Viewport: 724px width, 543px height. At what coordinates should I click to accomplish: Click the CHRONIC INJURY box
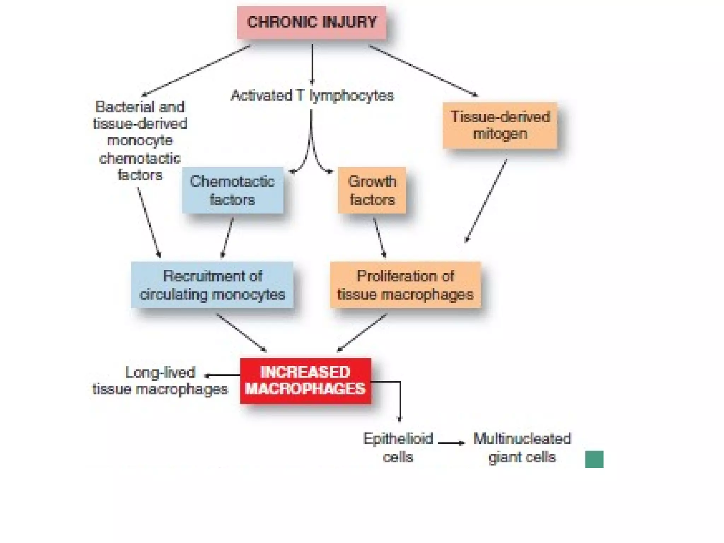pos(311,23)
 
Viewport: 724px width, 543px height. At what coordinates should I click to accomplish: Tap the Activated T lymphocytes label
pos(312,95)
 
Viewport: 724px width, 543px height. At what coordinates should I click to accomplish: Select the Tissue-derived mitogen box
pos(500,125)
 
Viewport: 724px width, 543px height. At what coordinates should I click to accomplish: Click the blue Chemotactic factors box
pos(233,191)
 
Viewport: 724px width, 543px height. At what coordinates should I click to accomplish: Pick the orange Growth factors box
pos(372,191)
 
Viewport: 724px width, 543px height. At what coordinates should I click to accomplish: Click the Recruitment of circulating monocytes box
pos(212,285)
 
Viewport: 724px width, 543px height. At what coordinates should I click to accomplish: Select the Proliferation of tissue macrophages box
pos(405,285)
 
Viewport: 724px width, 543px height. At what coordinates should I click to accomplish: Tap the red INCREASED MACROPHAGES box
pos(306,381)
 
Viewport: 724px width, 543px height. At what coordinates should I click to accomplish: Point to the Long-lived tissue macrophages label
pos(160,381)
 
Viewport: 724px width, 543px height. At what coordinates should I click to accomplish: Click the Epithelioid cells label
pos(398,448)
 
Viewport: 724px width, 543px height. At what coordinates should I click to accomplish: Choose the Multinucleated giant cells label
pos(522,448)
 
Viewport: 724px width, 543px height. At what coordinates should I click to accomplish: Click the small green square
pos(594,459)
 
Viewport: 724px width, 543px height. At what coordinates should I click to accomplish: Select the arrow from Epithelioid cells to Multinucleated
pos(451,443)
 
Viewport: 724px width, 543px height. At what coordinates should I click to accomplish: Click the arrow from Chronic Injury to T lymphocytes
pos(312,64)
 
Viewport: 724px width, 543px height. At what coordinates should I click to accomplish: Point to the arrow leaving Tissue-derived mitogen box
pos(486,200)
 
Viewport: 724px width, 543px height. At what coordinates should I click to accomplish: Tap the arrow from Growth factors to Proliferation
pos(380,238)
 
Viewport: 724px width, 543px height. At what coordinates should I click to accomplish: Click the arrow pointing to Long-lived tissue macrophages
pos(223,375)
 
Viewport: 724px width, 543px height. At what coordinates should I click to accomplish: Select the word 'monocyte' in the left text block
pos(140,140)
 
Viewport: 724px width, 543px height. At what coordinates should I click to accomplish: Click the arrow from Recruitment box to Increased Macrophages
pos(241,332)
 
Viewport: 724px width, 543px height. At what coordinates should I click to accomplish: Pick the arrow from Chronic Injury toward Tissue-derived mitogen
pos(423,71)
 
